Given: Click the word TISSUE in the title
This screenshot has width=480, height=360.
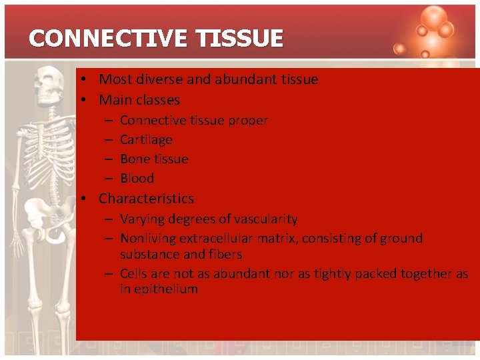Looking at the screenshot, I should (x=240, y=39).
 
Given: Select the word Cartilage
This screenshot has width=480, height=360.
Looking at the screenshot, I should (x=146, y=140).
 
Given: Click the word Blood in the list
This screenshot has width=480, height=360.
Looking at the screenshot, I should (x=137, y=179).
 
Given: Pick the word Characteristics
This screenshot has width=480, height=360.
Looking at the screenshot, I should (x=146, y=199).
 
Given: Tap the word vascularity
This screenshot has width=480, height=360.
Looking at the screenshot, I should (x=265, y=219).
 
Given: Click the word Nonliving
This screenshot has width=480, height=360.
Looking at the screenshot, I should (x=147, y=239).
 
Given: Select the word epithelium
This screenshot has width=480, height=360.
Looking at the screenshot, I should (x=167, y=289).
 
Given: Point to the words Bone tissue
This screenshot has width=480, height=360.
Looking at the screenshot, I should (x=154, y=159).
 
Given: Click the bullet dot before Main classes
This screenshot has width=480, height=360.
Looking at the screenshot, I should (x=86, y=101).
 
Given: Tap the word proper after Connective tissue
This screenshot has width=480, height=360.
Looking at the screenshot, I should (x=247, y=121).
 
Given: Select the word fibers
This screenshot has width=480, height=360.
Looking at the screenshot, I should (x=225, y=255).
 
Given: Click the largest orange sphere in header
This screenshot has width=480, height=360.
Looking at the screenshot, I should (x=434, y=18).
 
